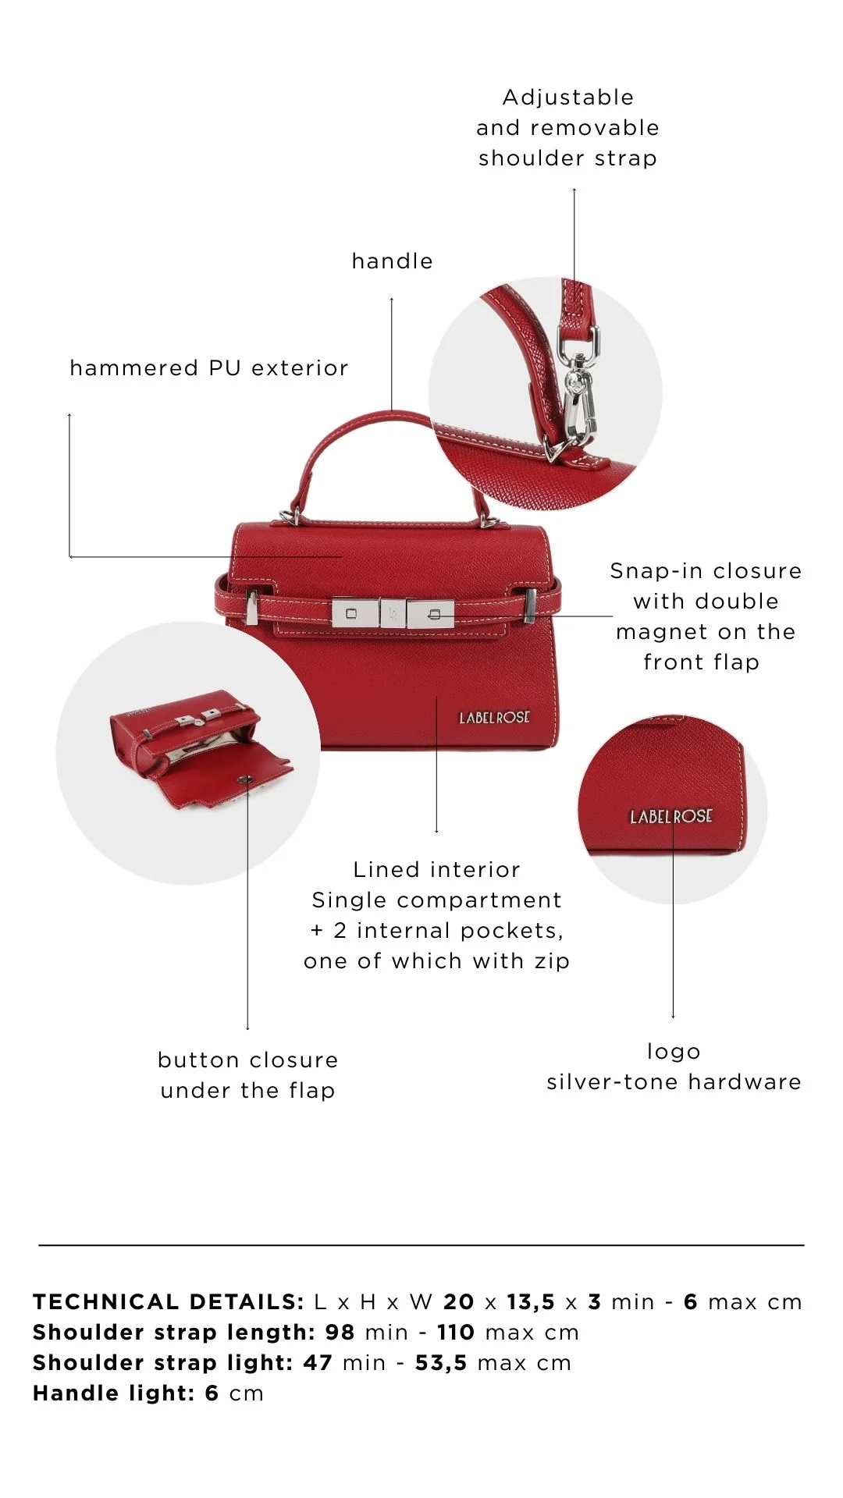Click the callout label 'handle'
pyautogui.click(x=392, y=261)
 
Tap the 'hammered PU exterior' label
pyautogui.click(x=209, y=367)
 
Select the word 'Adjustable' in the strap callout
pyautogui.click(x=568, y=98)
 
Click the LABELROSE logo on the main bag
pyautogui.click(x=494, y=717)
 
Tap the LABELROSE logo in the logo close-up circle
pyautogui.click(x=671, y=816)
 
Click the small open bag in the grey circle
pyautogui.click(x=199, y=749)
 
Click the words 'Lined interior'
pyautogui.click(x=436, y=869)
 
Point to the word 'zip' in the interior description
pyautogui.click(x=552, y=961)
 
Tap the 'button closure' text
pyautogui.click(x=247, y=1060)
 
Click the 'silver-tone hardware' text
pyautogui.click(x=674, y=1081)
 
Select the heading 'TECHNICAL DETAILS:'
pyautogui.click(x=169, y=1301)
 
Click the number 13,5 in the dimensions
pyautogui.click(x=531, y=1302)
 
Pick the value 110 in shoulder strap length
pyautogui.click(x=456, y=1332)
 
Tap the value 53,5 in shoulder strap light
pyautogui.click(x=441, y=1363)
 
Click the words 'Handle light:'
pyautogui.click(x=114, y=1393)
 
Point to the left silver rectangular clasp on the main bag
pyautogui.click(x=355, y=613)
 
